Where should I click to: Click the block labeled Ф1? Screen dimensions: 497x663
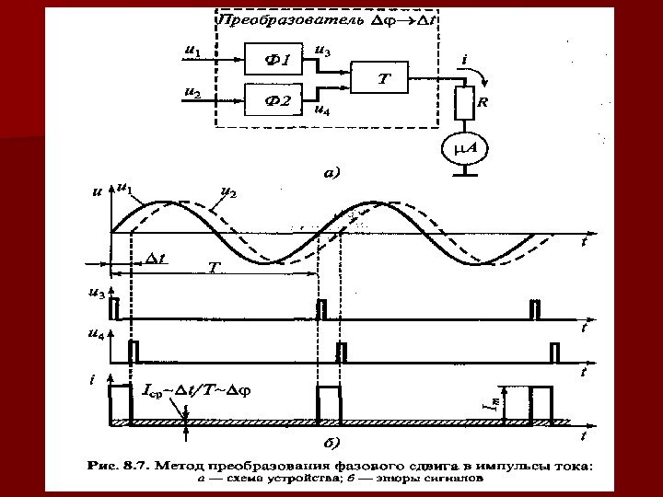click(277, 60)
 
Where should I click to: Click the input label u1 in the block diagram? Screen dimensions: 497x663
click(192, 52)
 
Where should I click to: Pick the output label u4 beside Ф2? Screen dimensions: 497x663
click(323, 110)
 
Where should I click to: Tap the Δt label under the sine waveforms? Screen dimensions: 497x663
click(156, 259)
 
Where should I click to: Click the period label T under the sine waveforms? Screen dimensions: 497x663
click(213, 267)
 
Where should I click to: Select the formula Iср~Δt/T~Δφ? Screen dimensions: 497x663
click(198, 389)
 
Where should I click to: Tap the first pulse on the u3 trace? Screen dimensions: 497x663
click(114, 308)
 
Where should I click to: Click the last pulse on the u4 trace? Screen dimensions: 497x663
click(554, 351)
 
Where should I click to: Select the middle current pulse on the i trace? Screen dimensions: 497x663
click(329, 401)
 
